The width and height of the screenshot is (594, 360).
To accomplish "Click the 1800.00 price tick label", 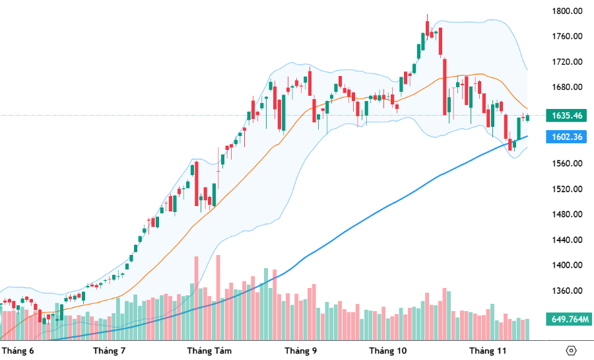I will [568, 11].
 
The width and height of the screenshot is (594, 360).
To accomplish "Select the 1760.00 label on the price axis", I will [568, 36].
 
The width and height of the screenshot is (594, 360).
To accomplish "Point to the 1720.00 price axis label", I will [568, 62].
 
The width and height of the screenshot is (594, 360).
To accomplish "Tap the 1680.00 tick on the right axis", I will [568, 87].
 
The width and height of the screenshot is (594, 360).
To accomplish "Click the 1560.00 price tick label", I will [568, 164].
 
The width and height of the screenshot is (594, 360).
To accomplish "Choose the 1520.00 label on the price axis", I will [568, 189].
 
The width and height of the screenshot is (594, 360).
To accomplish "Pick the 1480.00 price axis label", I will [568, 215].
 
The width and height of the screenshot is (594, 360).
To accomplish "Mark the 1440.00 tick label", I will [568, 240].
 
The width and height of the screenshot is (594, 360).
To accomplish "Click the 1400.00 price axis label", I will [568, 266].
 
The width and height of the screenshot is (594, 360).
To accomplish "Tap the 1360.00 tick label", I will [568, 291].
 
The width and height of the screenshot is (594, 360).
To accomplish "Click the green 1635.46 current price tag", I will [567, 116].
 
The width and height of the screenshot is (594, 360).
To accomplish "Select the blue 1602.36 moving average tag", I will [567, 137].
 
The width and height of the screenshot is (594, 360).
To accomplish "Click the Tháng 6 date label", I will [18, 350].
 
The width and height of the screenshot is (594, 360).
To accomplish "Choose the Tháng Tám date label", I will [209, 350].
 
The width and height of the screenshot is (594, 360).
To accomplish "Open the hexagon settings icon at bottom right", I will [572, 350].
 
